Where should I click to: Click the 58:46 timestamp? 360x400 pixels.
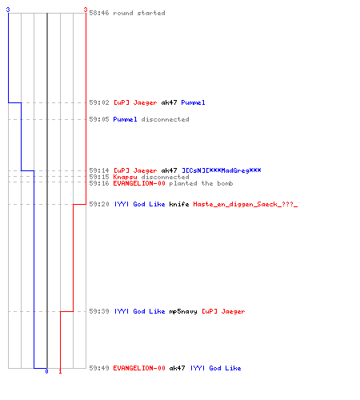click(x=99, y=13)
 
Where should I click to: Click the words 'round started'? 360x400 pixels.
click(x=139, y=13)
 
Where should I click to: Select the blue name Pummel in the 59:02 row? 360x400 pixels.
click(x=193, y=102)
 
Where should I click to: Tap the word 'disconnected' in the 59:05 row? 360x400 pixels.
click(x=165, y=119)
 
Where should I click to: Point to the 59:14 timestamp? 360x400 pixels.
click(x=99, y=170)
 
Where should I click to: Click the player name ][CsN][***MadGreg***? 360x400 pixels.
click(x=222, y=170)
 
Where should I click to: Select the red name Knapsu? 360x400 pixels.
click(x=125, y=177)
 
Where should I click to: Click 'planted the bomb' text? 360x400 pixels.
click(x=201, y=183)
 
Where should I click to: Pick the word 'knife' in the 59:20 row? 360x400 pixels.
click(x=179, y=204)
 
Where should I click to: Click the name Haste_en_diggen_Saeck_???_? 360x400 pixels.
click(x=246, y=204)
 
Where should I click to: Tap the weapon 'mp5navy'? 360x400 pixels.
click(x=183, y=311)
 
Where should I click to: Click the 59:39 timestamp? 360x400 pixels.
click(x=99, y=311)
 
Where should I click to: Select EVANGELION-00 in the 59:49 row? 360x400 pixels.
click(x=139, y=368)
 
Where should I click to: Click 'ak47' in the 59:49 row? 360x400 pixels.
click(x=177, y=368)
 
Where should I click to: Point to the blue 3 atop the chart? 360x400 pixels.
click(x=8, y=10)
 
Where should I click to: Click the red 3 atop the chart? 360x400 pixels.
click(x=86, y=10)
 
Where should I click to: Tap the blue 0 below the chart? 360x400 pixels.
click(x=46, y=371)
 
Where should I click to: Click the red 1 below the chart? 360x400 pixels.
click(x=60, y=371)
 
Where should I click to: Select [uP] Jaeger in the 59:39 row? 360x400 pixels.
click(x=223, y=311)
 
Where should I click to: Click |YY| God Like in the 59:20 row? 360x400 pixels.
click(x=140, y=204)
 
